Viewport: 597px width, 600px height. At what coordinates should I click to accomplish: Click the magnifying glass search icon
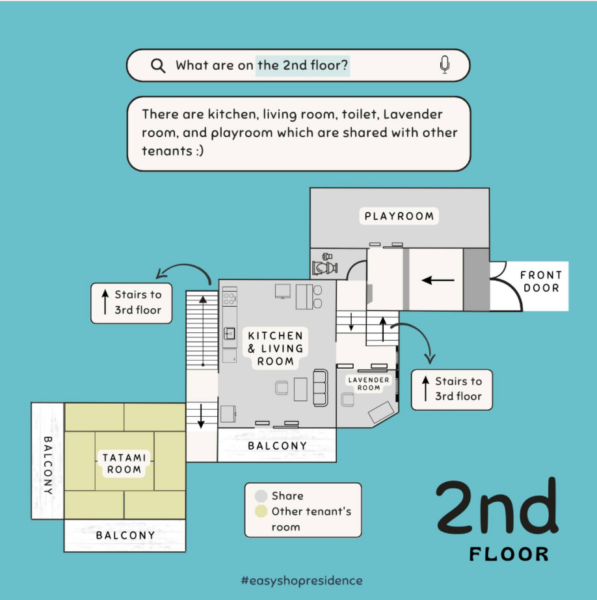click(157, 66)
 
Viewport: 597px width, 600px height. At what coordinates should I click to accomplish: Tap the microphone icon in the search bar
click(445, 64)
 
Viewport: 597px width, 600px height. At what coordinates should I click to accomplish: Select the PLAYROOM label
click(399, 216)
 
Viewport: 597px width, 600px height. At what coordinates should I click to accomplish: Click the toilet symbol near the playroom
click(325, 265)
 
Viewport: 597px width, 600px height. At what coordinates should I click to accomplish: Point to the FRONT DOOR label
click(541, 281)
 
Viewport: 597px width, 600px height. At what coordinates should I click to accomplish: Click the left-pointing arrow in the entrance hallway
click(438, 280)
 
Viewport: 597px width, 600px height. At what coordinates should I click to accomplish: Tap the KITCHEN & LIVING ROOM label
click(276, 348)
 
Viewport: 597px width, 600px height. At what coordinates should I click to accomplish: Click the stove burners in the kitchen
click(230, 298)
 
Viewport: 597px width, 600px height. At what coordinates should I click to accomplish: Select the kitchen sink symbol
click(229, 333)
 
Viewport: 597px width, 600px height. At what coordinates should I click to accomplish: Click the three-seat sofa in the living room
click(321, 387)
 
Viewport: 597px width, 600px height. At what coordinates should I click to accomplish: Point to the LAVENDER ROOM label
click(369, 384)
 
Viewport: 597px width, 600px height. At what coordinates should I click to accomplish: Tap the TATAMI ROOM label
click(124, 463)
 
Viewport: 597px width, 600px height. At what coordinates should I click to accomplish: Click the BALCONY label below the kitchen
click(278, 446)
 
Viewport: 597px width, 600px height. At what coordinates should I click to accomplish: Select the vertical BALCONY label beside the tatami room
click(48, 465)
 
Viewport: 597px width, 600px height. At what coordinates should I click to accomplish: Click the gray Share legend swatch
click(261, 496)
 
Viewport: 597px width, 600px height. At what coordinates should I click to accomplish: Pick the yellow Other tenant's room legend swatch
click(261, 511)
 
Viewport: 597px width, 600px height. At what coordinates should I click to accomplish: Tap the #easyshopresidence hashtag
click(302, 580)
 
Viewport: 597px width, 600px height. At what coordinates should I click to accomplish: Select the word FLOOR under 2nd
click(509, 554)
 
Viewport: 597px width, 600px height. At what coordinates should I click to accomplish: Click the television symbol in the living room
click(282, 291)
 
